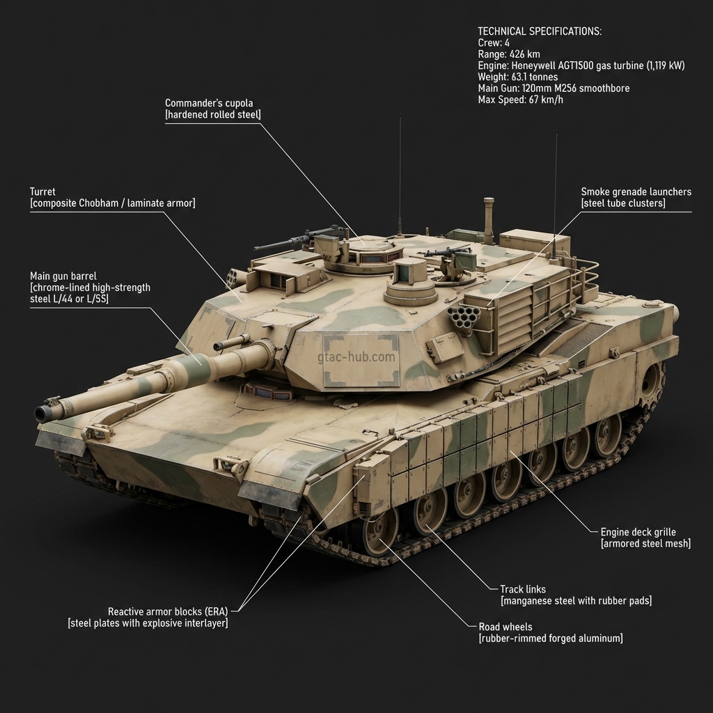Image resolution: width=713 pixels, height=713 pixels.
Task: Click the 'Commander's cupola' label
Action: [209, 103]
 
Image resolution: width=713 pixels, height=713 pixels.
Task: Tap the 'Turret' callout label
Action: [42, 191]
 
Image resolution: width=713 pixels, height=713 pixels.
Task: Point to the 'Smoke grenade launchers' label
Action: [636, 191]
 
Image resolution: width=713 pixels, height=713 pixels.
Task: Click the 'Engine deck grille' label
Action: [638, 532]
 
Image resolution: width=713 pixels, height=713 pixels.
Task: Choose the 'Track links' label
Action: [523, 589]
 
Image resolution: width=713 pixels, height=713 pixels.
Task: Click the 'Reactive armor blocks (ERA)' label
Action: [168, 611]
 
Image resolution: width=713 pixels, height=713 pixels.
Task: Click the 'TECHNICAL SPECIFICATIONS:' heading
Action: [540, 31]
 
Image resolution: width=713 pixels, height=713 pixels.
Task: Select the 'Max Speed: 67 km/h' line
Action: [520, 100]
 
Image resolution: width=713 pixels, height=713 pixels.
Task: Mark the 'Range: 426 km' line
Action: [508, 54]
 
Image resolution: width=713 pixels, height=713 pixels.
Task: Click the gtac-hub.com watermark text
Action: [356, 357]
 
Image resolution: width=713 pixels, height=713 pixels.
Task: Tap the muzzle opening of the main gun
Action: [43, 414]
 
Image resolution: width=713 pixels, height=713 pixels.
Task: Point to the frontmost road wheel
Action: [379, 533]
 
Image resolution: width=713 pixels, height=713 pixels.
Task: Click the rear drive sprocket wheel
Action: [651, 381]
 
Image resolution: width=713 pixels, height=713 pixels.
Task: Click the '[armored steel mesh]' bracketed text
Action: [645, 543]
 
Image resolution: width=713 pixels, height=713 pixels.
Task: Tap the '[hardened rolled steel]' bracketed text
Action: [212, 115]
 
